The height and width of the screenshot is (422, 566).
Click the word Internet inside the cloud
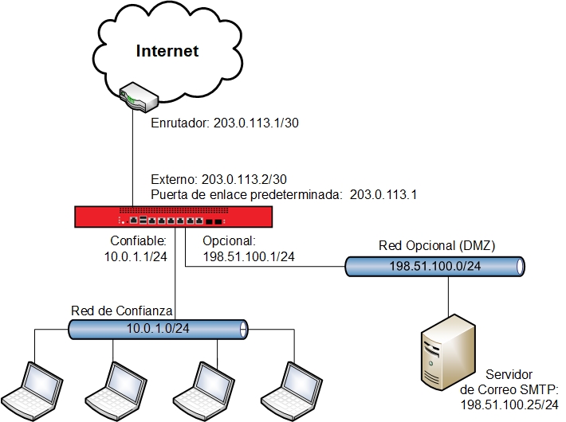[x=167, y=52]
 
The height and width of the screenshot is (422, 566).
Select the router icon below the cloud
[x=136, y=96]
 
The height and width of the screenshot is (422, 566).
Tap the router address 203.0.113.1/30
[x=255, y=123]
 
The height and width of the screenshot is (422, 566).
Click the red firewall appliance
[x=175, y=217]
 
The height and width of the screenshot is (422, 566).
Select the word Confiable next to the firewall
[x=134, y=240]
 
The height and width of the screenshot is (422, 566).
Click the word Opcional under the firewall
[x=228, y=240]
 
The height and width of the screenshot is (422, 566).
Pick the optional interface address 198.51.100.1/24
[x=249, y=256]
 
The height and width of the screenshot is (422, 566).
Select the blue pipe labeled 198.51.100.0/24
[x=434, y=267]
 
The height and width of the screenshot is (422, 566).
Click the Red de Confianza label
[x=120, y=310]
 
